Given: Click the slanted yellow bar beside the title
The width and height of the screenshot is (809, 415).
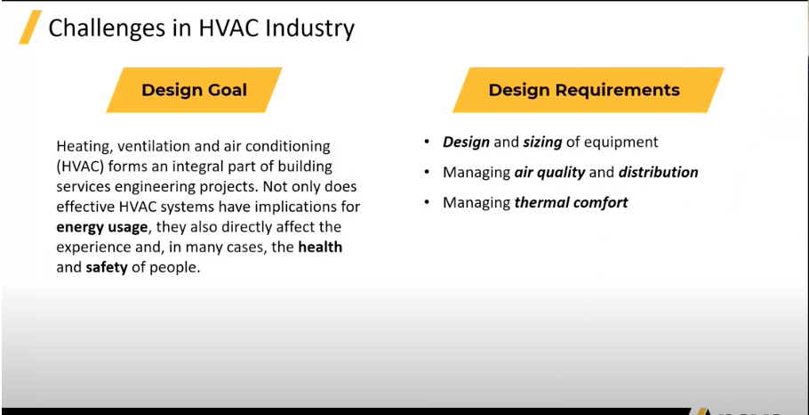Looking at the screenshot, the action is [x=30, y=27].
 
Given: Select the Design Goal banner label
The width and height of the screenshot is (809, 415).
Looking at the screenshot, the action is [x=195, y=90].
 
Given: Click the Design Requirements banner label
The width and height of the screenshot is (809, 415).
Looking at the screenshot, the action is [x=584, y=90].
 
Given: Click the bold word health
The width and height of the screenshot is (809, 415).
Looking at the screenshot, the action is [x=320, y=247].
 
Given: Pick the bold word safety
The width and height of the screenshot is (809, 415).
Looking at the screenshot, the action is [x=107, y=269].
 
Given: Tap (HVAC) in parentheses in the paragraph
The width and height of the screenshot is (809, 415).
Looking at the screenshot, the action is [x=81, y=167].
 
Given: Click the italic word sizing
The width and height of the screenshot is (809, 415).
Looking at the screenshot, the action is [x=542, y=142].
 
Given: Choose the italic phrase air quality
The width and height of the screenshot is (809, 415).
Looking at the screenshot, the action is [x=550, y=173].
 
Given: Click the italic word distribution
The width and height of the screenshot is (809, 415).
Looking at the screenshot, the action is [x=659, y=172].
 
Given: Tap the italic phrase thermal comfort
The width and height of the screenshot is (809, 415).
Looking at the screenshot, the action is [x=571, y=202].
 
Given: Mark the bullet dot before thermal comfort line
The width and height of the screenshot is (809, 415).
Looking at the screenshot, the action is [x=427, y=201].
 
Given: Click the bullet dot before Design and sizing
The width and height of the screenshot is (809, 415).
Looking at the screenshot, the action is [x=427, y=142].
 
